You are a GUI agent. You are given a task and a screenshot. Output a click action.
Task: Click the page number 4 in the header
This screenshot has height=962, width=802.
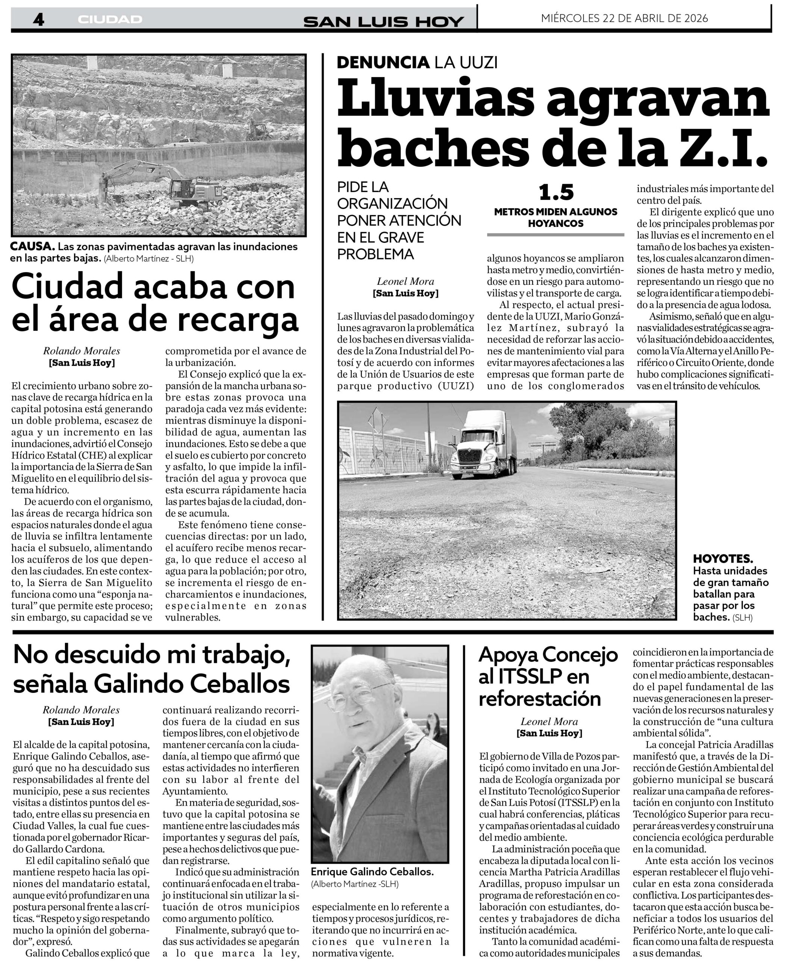pos(38,19)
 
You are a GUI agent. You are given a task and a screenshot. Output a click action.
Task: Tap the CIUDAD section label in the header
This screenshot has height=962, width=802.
pos(110,19)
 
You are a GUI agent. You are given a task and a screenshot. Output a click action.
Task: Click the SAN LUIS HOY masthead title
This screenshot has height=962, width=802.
pos(383,21)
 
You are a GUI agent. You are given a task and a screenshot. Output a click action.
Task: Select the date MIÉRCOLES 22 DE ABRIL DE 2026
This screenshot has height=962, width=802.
pos(624,18)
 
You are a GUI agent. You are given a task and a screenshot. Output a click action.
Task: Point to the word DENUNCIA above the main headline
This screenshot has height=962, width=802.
pos(383,62)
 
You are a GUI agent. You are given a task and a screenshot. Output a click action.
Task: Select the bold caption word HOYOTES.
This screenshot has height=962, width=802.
pos(723,559)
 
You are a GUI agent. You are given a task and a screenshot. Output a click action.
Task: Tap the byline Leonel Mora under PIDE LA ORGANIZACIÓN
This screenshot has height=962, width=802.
pos(406,281)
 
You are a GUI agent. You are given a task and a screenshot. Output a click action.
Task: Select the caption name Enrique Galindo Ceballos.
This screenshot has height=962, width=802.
pos(372,872)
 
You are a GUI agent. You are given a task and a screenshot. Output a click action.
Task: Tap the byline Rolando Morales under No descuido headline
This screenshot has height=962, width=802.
pos(81,709)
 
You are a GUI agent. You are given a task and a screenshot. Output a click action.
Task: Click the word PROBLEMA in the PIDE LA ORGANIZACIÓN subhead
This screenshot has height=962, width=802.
pos(375,254)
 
